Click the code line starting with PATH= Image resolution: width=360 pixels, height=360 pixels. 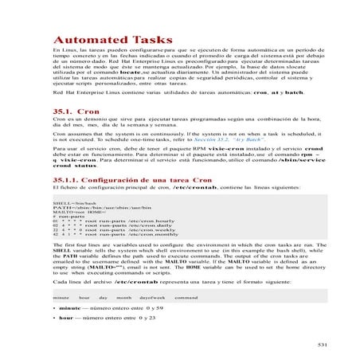87,209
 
